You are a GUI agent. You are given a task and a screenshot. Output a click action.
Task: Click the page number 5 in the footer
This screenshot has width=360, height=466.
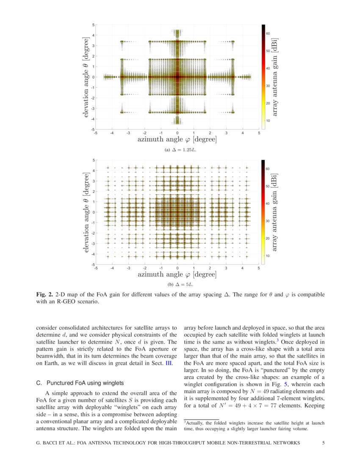click(323, 443)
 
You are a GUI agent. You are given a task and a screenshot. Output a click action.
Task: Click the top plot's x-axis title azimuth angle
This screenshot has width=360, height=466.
click(177, 139)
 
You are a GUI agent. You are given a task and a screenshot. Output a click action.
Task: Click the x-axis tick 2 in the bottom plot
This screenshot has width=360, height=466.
click(210, 268)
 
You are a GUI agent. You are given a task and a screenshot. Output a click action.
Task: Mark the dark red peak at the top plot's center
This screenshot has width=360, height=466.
click(177, 77)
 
